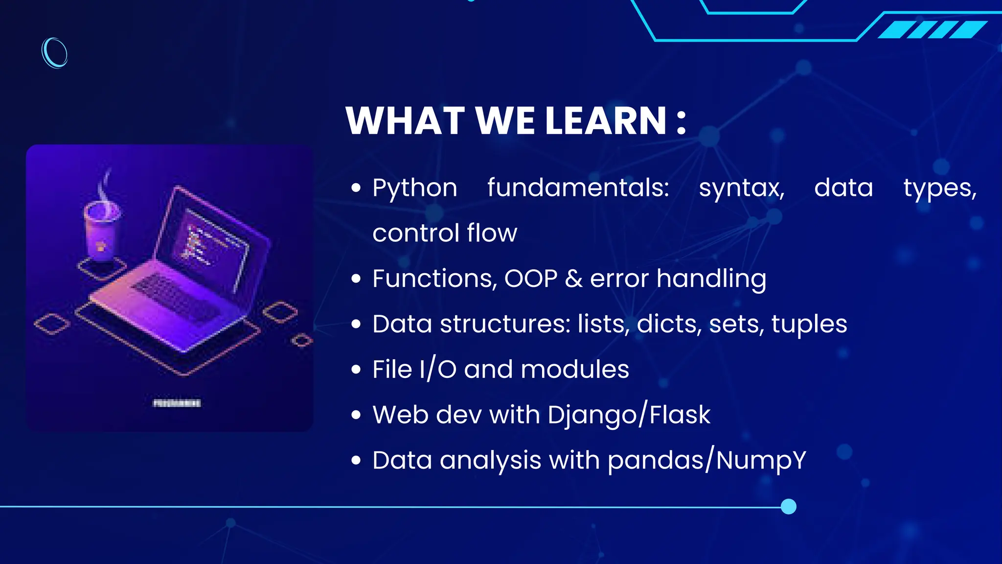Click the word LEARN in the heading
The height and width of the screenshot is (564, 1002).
[606, 121]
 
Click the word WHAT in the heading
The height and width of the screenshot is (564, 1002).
[405, 121]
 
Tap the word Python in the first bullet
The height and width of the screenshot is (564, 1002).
[414, 188]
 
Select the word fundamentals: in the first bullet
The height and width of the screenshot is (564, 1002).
[578, 188]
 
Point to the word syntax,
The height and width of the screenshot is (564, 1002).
[741, 188]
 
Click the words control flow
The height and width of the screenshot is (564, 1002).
[444, 233]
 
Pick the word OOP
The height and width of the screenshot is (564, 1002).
[531, 279]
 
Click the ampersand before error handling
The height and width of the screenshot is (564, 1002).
[573, 279]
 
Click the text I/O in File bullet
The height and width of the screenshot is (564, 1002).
[438, 370]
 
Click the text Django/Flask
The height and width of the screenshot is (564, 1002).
[629, 415]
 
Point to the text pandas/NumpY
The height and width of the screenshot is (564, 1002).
[706, 461]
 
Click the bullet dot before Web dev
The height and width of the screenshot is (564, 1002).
[356, 415]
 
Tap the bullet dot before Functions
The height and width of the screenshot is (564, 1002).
[356, 279]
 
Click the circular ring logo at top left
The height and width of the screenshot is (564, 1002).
[54, 52]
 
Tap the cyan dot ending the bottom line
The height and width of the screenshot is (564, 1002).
[788, 506]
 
